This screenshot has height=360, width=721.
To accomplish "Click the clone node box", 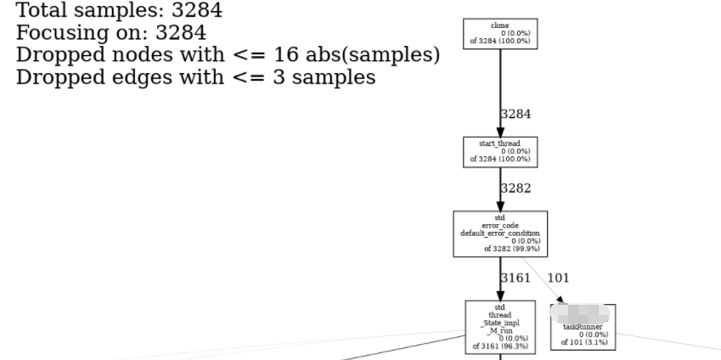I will pos(500,34).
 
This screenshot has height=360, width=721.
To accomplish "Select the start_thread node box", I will pos(500,151).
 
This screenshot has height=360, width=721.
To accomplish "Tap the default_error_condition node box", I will pos(500,233).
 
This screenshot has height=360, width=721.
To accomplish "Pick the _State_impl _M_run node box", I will pos(500,326).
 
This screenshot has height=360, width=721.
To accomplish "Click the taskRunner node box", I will pos(583,328).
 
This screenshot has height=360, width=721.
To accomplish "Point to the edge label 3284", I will pos(515,114).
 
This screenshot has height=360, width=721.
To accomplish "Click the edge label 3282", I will pos(515,188).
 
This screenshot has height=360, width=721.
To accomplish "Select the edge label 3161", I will pos(515,278).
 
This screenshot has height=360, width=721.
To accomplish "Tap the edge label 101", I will pos(558,278).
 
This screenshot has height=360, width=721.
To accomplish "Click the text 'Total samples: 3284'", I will pos(120,12).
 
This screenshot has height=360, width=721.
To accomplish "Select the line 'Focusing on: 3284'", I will pos(111,33).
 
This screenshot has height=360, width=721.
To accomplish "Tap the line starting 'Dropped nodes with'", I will pos(228,55).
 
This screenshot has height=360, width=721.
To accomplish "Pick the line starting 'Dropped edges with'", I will pos(196,77).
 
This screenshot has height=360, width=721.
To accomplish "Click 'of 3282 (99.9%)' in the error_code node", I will pos(511,249).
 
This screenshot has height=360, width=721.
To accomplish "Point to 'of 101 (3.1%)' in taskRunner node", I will pos(584,342).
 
